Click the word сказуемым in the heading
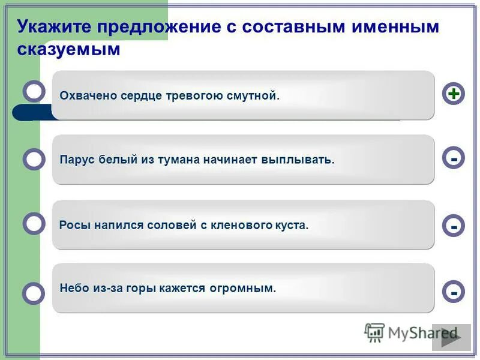click(69, 50)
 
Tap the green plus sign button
click(454, 94)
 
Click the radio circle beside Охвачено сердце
click(34, 91)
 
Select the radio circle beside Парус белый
click(34, 160)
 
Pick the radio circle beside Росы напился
click(34, 224)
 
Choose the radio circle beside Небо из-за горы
click(34, 293)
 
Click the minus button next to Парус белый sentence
click(454, 158)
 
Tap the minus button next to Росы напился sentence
click(454, 226)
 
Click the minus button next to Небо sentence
click(454, 292)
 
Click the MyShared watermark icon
click(374, 332)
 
